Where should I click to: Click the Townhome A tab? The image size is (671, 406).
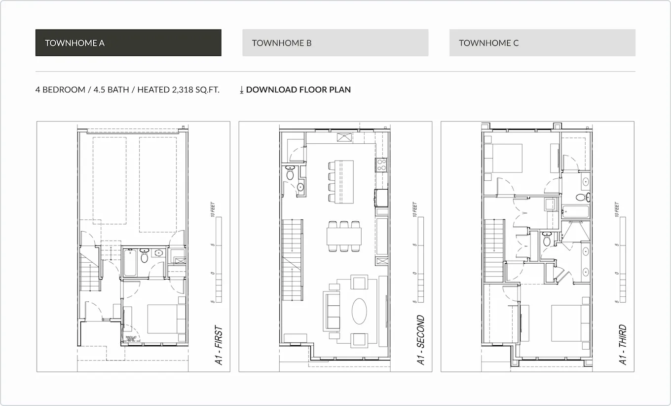128,43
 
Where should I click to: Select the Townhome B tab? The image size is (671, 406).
335,43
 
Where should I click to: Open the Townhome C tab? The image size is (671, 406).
542,43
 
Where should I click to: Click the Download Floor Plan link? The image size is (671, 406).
295,90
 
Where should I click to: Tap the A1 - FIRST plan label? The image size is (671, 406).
219,345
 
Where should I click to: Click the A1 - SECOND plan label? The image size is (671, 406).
421,341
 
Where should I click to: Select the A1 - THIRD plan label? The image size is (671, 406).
623,345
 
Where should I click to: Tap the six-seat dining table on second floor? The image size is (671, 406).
344,236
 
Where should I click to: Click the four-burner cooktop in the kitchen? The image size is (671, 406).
382,164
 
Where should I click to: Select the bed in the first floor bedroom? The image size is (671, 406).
166,319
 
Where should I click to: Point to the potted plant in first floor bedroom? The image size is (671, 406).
131,339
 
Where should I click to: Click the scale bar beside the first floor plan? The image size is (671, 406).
219,259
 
